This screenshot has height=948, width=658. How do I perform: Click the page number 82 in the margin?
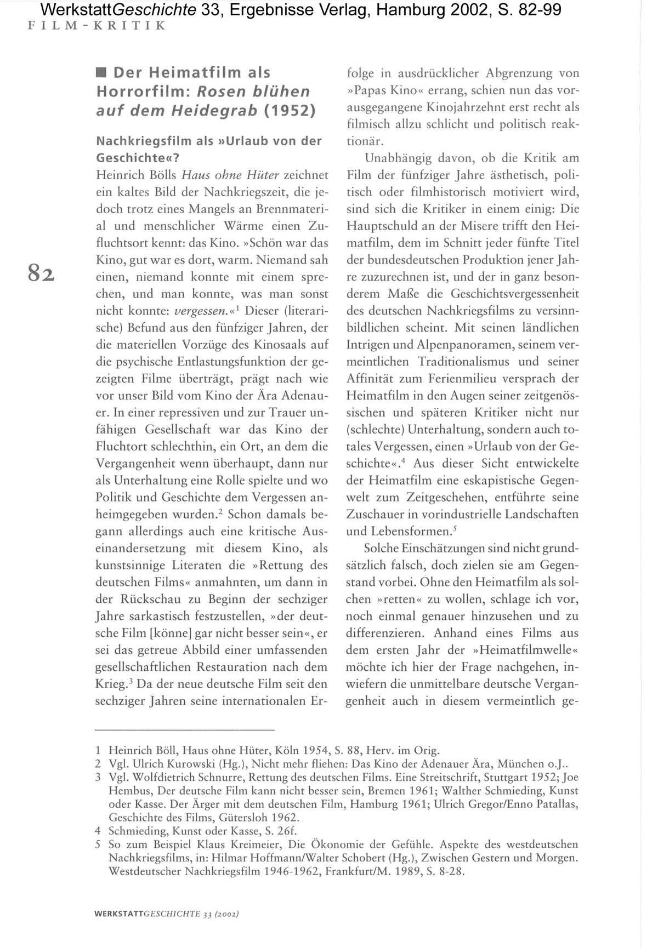[x=42, y=272]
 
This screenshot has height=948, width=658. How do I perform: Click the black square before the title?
[x=101, y=73]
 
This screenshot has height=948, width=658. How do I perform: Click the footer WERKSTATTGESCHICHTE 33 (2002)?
[x=167, y=914]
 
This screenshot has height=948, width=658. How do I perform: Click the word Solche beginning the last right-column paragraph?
[x=381, y=548]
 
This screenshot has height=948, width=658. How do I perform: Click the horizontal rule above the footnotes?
[x=184, y=730]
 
